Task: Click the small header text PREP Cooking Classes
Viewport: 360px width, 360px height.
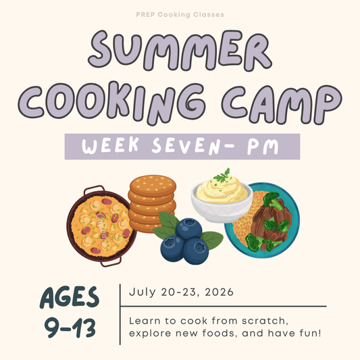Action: click(180, 14)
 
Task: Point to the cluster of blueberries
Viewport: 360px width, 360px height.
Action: click(184, 243)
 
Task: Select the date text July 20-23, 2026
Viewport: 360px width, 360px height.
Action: click(181, 292)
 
